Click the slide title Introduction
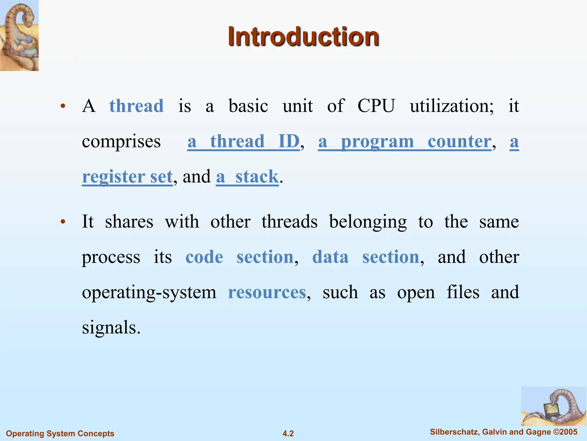(303, 37)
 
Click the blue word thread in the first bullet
(136, 106)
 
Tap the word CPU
(376, 106)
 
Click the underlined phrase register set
(127, 177)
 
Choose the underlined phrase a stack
(247, 177)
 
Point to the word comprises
(121, 142)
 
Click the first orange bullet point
(63, 107)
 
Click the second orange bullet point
(63, 222)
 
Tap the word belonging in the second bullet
(368, 222)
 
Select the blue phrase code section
(239, 257)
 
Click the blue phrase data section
(365, 257)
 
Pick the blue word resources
(267, 292)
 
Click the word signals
(111, 328)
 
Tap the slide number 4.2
(288, 434)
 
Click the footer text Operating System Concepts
(60, 434)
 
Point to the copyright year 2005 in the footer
(568, 432)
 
